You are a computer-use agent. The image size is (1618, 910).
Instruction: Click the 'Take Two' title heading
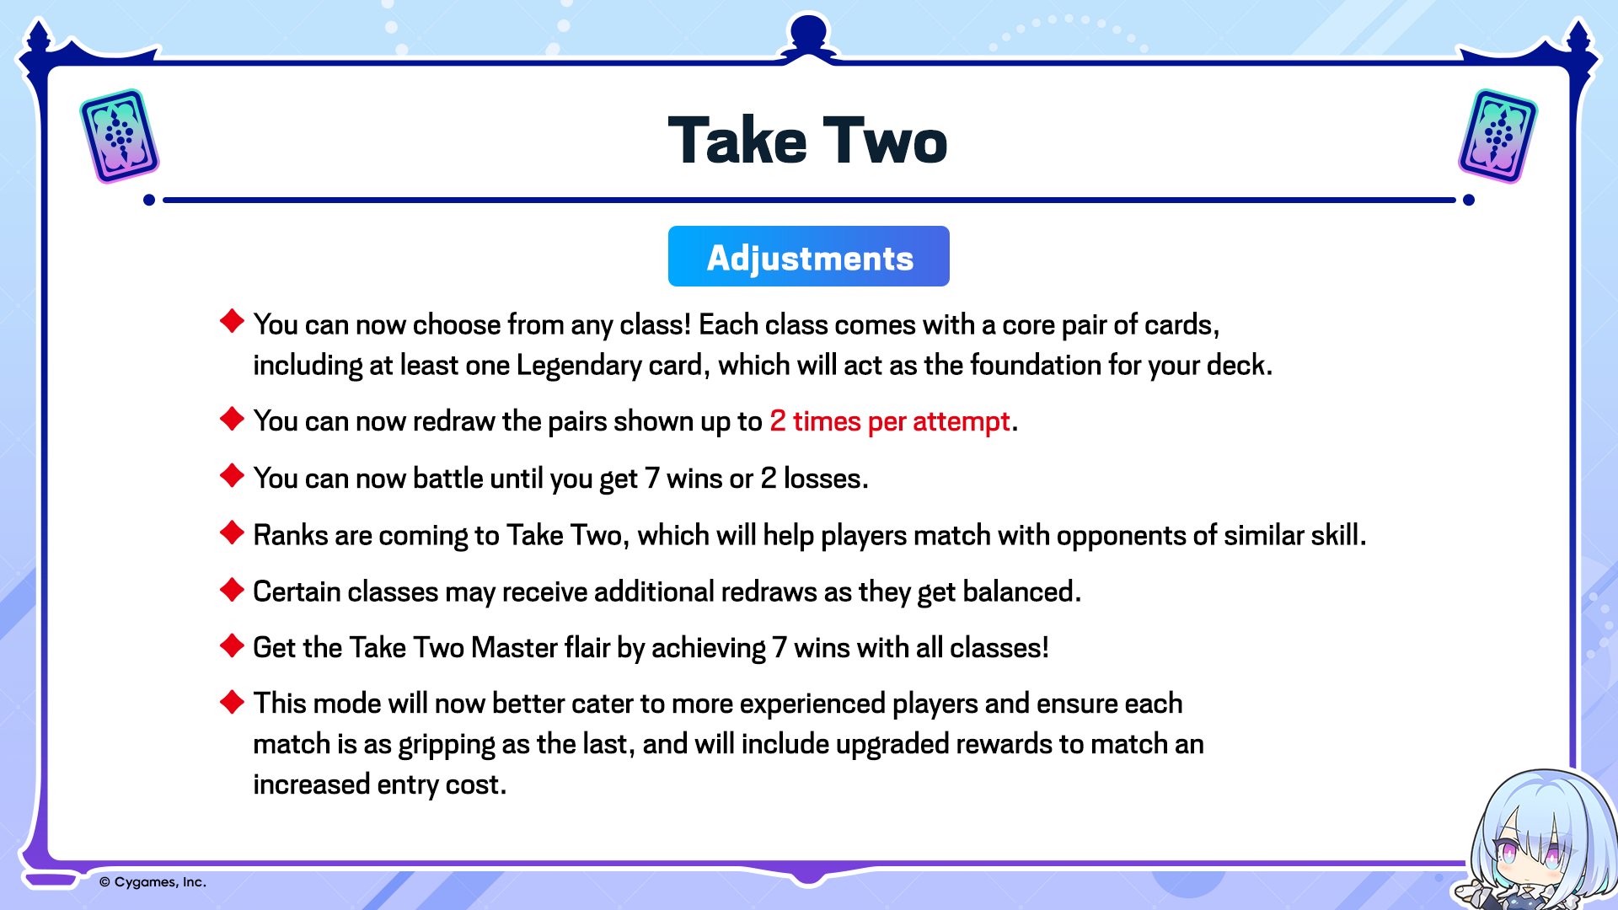[x=807, y=140]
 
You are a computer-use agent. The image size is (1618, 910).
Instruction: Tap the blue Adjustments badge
[x=809, y=256]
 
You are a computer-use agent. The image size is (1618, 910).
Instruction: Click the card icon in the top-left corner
[x=120, y=136]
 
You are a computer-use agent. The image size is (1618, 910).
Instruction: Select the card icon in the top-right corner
[x=1497, y=136]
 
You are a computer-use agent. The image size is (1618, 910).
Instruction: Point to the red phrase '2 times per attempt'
[x=889, y=420]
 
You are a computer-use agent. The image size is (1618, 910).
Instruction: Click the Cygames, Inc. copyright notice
[x=153, y=882]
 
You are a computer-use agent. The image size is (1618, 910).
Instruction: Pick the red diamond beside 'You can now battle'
[x=232, y=475]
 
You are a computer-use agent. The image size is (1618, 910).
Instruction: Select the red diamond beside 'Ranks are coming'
[x=232, y=533]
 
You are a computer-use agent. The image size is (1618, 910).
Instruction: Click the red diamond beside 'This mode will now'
[x=232, y=701]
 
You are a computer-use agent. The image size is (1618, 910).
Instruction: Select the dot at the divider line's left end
[x=149, y=200]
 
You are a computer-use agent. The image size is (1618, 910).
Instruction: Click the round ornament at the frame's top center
[x=808, y=32]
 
